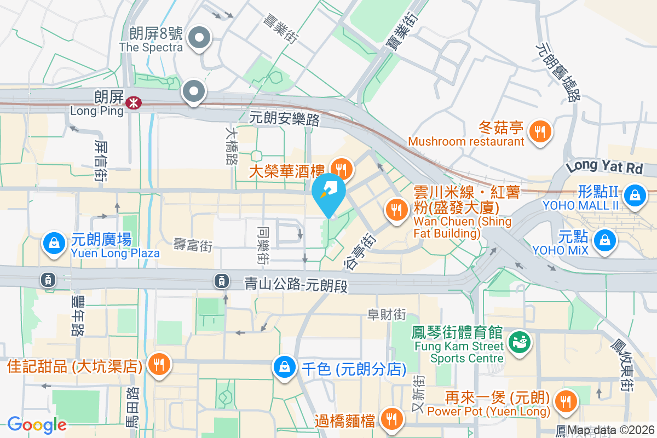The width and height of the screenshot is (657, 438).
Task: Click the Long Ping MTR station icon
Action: pos(132,102)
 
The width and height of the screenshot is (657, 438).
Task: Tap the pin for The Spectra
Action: pos(199,38)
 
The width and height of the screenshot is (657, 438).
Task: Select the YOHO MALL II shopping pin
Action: pos(635,195)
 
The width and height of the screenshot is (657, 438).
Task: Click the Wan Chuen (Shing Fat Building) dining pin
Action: pos(395,209)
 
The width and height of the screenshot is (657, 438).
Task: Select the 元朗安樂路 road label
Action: pos(284,118)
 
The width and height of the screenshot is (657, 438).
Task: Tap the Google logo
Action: pos(37,425)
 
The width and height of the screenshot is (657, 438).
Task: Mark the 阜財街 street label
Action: pos(387,314)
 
